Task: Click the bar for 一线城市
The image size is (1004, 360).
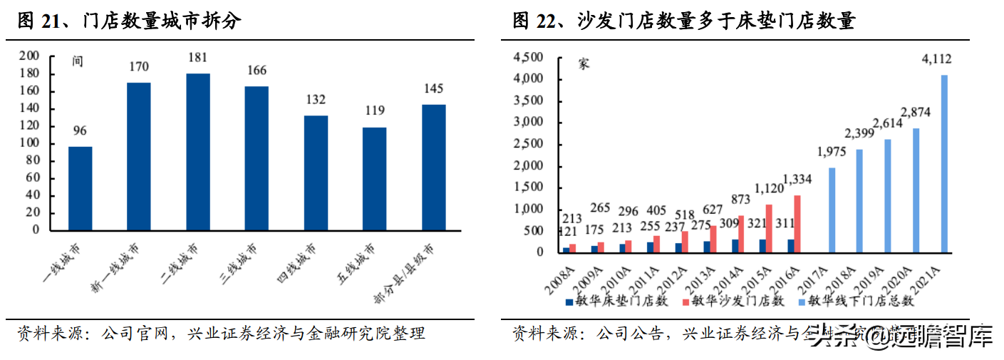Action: click(80, 188)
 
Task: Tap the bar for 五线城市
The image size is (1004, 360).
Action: click(374, 178)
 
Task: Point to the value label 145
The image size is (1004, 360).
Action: click(433, 89)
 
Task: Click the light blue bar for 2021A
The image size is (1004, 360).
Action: click(945, 163)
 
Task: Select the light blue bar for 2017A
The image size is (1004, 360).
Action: click(832, 210)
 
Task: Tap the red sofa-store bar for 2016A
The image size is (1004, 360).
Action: click(797, 223)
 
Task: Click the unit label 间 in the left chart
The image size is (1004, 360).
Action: click(78, 61)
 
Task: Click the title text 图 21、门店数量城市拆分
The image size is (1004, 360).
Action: click(129, 22)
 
